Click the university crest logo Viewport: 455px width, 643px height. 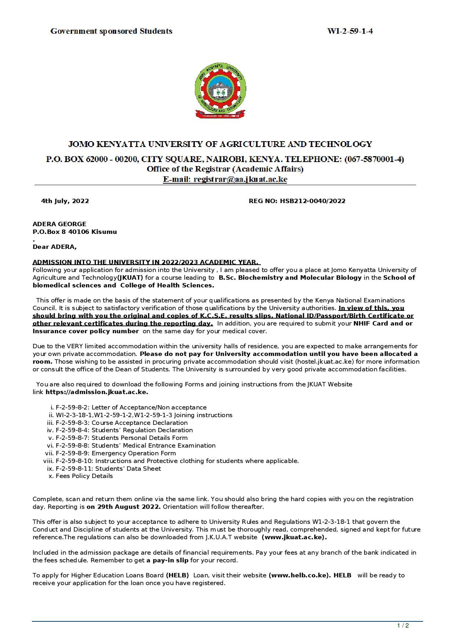tap(220, 90)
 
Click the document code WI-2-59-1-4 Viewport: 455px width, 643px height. tap(350, 31)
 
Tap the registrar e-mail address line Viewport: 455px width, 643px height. tap(225, 179)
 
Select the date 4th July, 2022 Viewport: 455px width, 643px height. tap(65, 201)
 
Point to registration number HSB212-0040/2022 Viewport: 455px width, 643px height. tap(297, 201)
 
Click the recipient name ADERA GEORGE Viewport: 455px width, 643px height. tap(59, 224)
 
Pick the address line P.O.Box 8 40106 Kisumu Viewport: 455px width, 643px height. tap(75, 232)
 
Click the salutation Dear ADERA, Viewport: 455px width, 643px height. tap(55, 247)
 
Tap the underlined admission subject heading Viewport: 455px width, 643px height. tap(146, 262)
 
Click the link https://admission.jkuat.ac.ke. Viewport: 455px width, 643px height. tap(97, 392)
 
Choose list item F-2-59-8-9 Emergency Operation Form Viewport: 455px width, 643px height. tap(116, 453)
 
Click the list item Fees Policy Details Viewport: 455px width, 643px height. tap(84, 476)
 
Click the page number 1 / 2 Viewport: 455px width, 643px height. tap(403, 625)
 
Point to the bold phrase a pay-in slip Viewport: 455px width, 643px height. tap(167, 560)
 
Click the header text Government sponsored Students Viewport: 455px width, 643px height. tap(111, 31)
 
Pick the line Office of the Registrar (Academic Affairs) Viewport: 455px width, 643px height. tap(225, 169)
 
